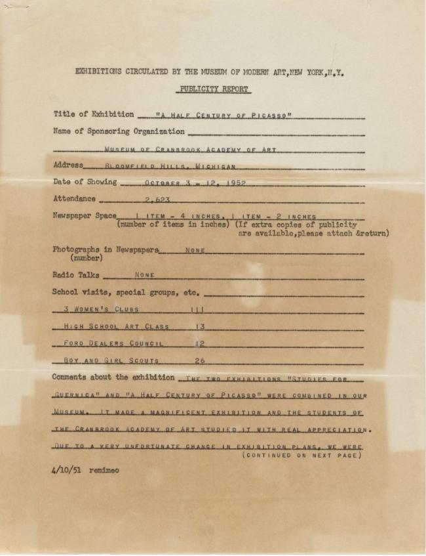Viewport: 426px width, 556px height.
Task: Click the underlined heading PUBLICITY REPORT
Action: point(214,89)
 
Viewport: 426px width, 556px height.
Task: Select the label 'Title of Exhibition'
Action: point(94,114)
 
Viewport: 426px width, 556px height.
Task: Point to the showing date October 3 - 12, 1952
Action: point(195,183)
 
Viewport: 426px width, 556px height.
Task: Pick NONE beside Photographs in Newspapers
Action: point(195,250)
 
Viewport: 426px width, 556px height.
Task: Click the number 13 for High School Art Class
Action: point(200,326)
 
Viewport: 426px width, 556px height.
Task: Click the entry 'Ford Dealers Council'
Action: point(113,343)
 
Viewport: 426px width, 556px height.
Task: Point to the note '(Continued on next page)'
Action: point(301,455)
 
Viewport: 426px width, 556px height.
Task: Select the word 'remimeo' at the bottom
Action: point(105,470)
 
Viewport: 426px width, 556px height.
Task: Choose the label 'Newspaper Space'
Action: point(85,215)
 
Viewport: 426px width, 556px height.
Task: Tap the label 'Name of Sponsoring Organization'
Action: point(119,131)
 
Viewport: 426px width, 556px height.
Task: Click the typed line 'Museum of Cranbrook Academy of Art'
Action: point(190,150)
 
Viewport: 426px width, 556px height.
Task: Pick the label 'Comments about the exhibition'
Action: point(113,377)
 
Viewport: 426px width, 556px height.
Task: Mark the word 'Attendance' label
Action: point(74,199)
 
